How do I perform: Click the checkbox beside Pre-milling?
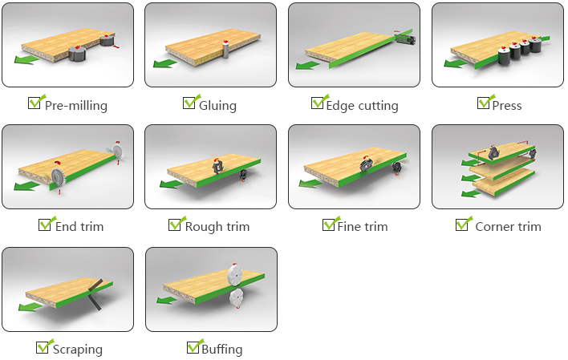click(34, 103)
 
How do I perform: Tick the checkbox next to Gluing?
click(189, 103)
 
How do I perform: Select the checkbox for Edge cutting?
click(317, 103)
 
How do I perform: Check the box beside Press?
click(483, 103)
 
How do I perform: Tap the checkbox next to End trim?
click(44, 225)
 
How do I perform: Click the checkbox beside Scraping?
click(42, 347)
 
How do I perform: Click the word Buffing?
click(221, 350)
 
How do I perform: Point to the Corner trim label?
click(508, 227)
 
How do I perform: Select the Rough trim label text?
click(217, 227)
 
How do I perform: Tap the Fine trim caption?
click(363, 227)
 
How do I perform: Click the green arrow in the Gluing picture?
click(164, 63)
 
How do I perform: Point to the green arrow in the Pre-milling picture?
click(26, 59)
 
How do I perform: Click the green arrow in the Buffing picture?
click(166, 300)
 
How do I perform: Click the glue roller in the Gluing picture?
click(225, 49)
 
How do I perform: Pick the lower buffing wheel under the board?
click(237, 298)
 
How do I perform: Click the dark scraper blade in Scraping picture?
click(95, 294)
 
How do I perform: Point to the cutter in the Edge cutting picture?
click(405, 38)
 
